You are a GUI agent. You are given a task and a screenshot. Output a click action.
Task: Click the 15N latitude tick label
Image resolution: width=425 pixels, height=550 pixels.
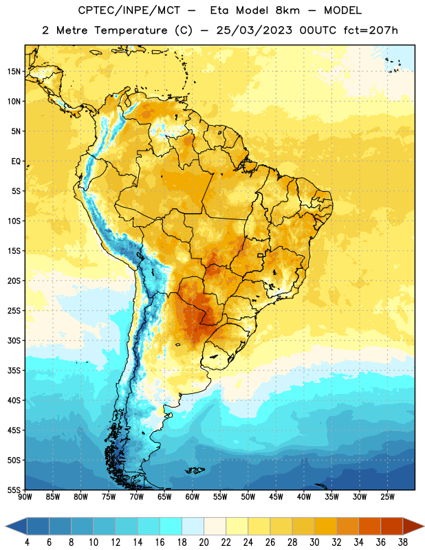(x=14, y=71)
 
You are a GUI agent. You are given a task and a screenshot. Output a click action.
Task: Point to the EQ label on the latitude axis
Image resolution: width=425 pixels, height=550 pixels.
(x=16, y=162)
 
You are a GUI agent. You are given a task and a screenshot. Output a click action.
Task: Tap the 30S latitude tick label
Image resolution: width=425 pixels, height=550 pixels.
(x=14, y=340)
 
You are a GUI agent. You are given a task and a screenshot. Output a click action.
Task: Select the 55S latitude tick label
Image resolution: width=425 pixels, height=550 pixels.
(x=14, y=490)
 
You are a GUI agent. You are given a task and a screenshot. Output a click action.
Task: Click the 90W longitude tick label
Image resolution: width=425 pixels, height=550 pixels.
(x=25, y=496)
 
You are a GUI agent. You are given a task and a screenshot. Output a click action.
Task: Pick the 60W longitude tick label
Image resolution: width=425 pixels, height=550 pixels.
(x=193, y=496)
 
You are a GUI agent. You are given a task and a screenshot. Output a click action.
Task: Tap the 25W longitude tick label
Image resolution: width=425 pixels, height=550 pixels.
(x=387, y=496)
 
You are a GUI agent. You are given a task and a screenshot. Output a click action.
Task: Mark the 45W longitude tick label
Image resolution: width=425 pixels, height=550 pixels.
(x=276, y=496)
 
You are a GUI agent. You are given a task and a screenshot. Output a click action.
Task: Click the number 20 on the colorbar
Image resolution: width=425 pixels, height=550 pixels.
(x=204, y=542)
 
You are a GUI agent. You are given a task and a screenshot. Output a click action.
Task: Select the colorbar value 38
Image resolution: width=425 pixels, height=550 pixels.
(x=403, y=542)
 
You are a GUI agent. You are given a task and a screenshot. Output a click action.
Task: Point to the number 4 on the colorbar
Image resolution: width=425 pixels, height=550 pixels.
(x=27, y=542)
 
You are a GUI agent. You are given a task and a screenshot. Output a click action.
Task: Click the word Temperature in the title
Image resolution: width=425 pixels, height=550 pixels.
(x=131, y=30)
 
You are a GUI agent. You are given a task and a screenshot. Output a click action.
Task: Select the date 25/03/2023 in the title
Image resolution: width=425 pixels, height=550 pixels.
(x=254, y=30)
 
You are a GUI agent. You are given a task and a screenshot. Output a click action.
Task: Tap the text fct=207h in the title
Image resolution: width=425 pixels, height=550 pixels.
(x=371, y=30)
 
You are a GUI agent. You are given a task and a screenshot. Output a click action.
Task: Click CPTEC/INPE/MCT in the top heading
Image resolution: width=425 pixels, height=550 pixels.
(x=129, y=10)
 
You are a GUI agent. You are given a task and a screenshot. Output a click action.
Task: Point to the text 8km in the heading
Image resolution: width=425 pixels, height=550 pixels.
(x=287, y=10)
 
